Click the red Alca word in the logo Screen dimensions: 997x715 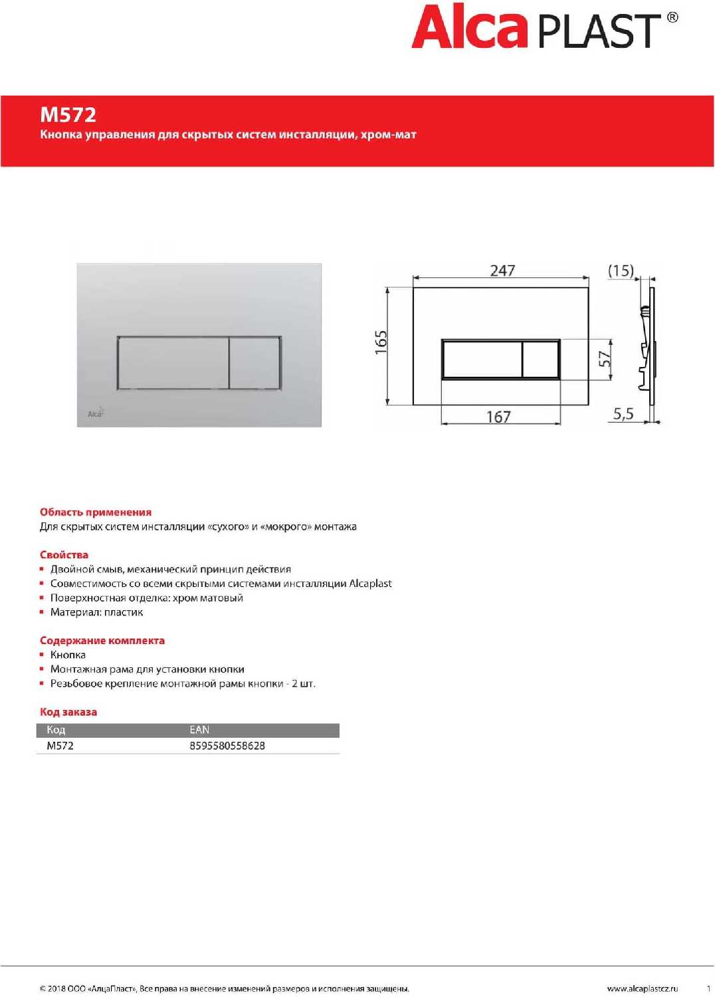click(x=469, y=28)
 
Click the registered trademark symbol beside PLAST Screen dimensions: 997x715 click(x=672, y=18)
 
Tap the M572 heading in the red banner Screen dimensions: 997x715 click(x=68, y=115)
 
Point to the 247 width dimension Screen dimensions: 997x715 click(x=502, y=271)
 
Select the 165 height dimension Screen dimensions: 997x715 click(x=381, y=342)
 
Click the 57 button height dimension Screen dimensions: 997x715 click(x=604, y=359)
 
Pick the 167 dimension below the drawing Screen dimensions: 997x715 click(x=498, y=417)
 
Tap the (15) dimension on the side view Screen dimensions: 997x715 click(x=621, y=271)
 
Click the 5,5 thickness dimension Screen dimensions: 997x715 click(x=623, y=414)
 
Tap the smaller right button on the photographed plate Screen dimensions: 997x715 click(x=254, y=363)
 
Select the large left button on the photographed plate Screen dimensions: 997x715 click(x=173, y=363)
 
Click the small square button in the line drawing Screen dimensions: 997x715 click(x=540, y=360)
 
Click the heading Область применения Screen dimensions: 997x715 click(x=96, y=512)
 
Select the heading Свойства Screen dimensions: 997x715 click(x=64, y=555)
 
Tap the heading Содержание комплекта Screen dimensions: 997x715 click(x=102, y=641)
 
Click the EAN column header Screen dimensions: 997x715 click(x=199, y=730)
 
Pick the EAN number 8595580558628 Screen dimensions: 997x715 click(x=227, y=746)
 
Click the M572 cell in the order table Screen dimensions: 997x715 click(x=60, y=746)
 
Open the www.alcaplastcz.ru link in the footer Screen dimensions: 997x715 click(x=642, y=989)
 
